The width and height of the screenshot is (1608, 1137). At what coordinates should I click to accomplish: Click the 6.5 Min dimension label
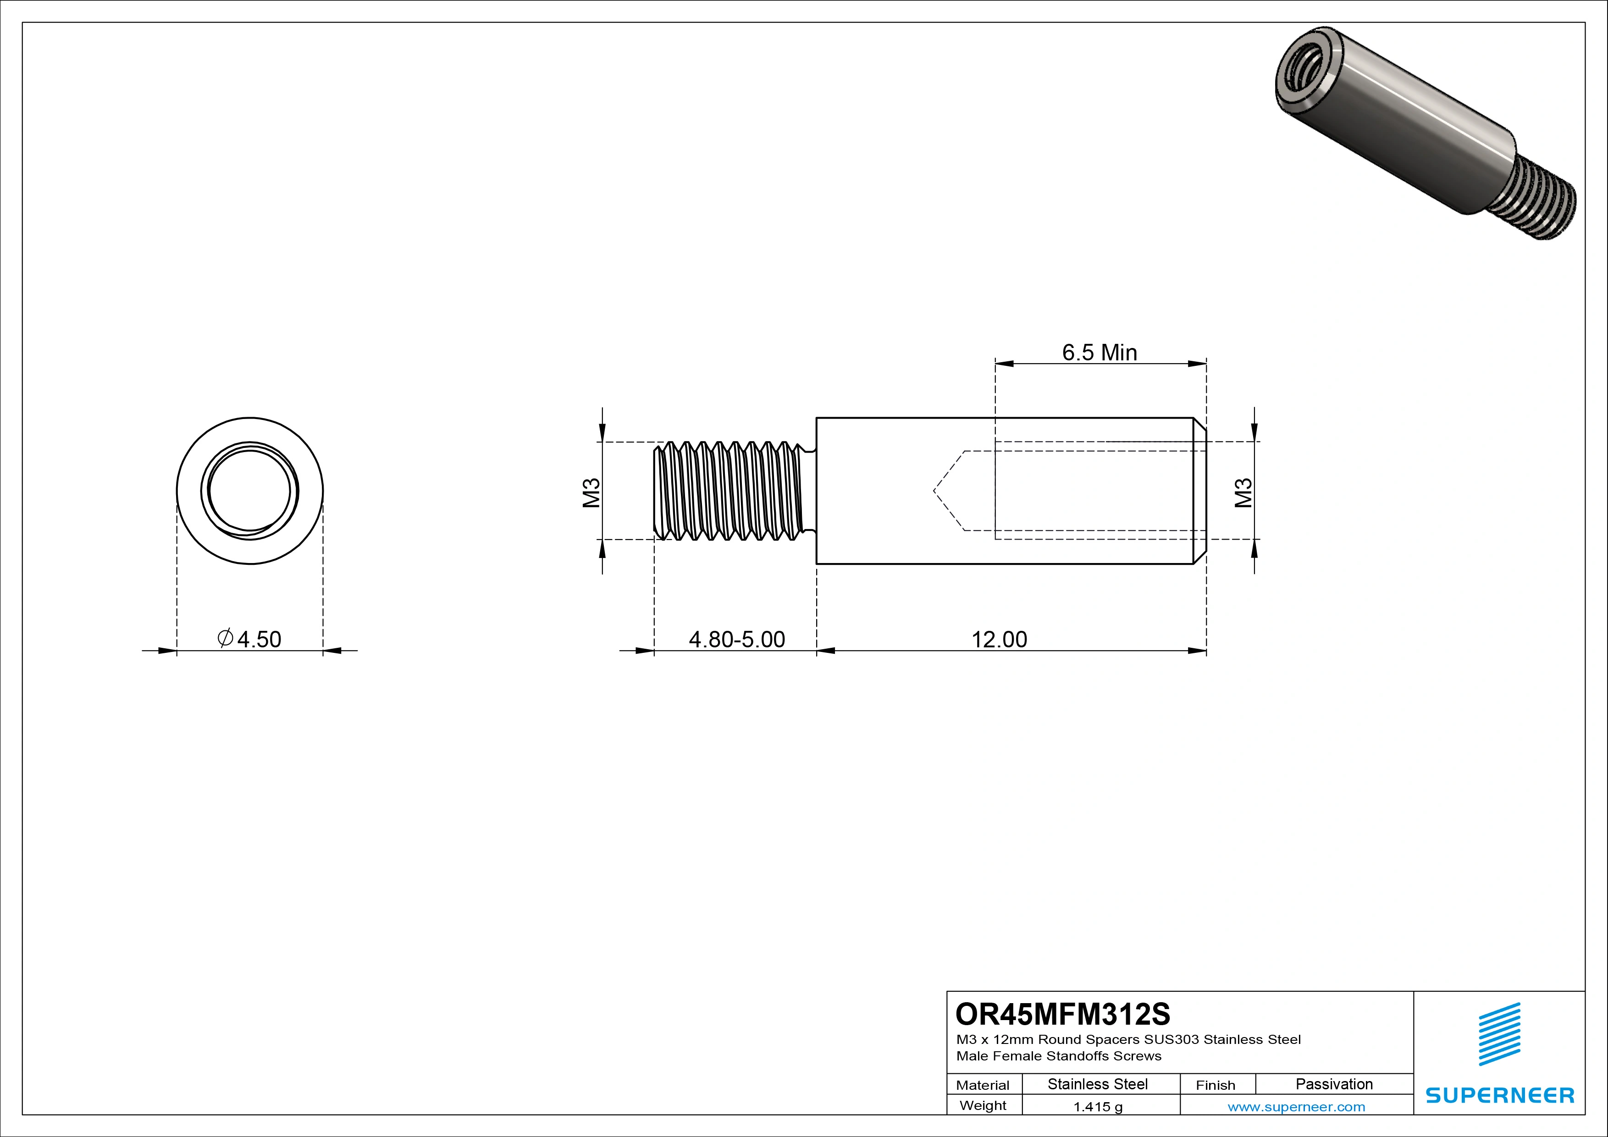(1099, 352)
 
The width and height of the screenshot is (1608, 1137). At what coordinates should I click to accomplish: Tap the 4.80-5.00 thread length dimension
(737, 639)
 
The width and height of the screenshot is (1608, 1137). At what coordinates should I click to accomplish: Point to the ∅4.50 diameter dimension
(250, 639)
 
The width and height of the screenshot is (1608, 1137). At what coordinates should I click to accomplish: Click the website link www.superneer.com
(1296, 1107)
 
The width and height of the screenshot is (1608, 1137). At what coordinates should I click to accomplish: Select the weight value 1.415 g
(1097, 1107)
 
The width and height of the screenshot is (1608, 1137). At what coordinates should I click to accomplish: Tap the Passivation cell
(1333, 1084)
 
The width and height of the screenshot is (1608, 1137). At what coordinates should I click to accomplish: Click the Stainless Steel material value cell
(1097, 1084)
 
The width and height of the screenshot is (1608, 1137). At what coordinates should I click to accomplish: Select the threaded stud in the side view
(732, 491)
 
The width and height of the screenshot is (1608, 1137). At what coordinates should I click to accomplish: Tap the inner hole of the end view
(249, 490)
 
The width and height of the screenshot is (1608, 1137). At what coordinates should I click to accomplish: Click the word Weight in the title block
(983, 1105)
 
